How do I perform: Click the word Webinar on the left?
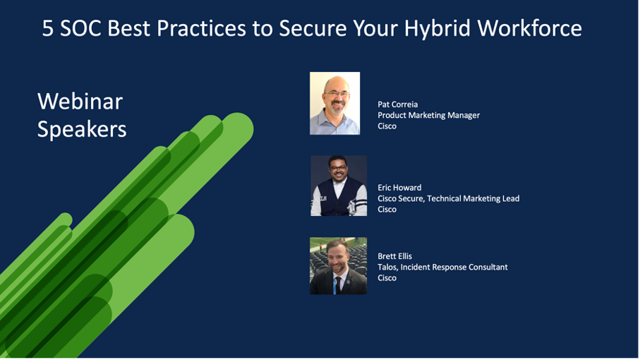tap(80, 101)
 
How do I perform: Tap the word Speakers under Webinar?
tap(82, 129)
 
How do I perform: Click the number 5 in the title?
tap(48, 28)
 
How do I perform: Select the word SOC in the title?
tap(80, 28)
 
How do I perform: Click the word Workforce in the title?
tap(529, 28)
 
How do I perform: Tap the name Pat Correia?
tap(397, 104)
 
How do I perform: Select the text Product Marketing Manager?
tap(428, 116)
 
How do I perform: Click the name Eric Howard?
tap(399, 188)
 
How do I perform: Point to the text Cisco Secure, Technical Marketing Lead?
tap(448, 199)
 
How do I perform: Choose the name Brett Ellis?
tap(394, 256)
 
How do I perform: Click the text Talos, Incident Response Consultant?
tap(442, 268)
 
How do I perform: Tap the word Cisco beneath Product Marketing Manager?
tap(387, 126)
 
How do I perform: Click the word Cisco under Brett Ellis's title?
tap(387, 278)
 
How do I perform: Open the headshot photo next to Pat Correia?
tap(334, 103)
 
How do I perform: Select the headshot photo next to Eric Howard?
tap(339, 186)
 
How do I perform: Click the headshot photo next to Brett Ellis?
tap(339, 265)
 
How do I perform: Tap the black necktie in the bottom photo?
tap(337, 284)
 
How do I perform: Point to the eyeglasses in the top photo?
tap(337, 95)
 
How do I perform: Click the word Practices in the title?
tap(201, 28)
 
